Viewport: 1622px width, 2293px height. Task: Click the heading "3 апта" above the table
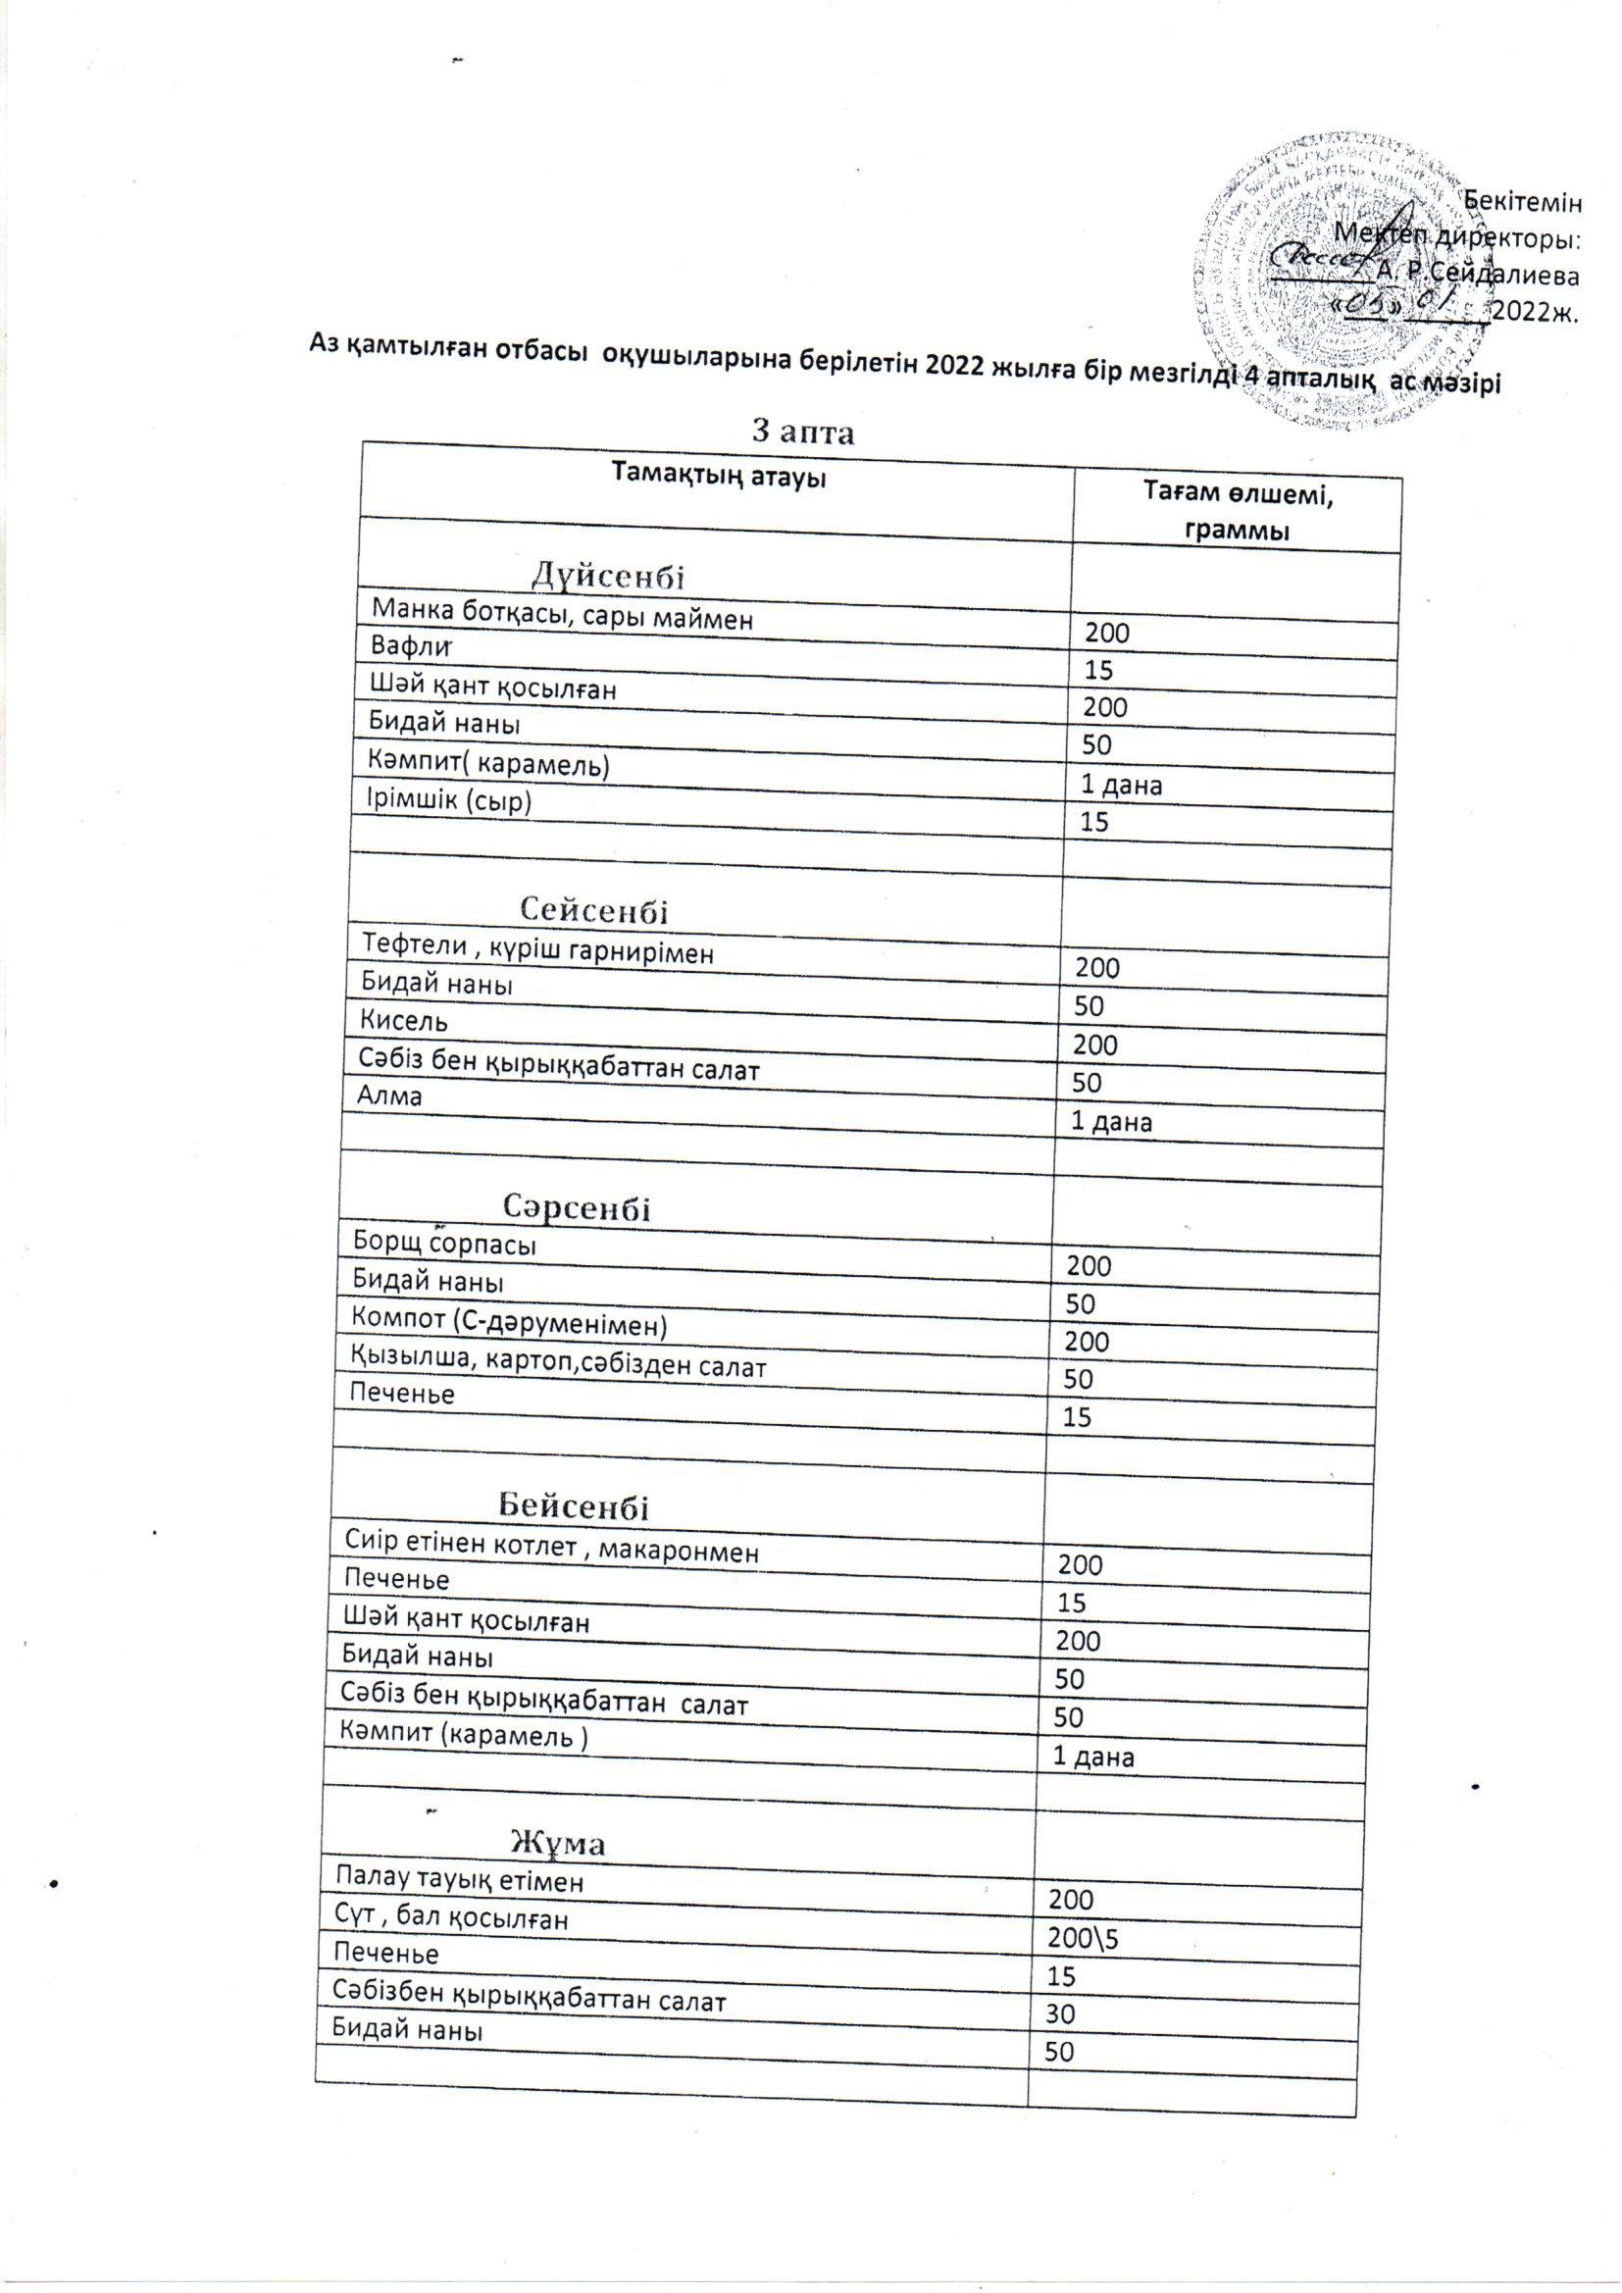click(804, 432)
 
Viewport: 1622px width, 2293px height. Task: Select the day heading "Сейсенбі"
click(594, 910)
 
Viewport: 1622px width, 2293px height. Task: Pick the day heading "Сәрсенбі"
click(579, 1208)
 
